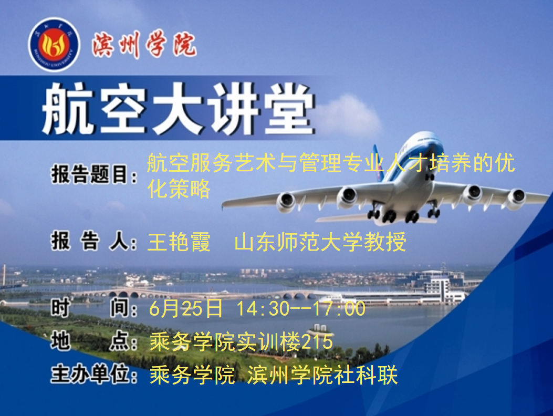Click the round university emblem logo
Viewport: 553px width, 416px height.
point(54,45)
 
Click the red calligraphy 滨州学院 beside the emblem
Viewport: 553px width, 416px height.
point(144,45)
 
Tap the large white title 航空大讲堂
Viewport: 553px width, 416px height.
point(178,109)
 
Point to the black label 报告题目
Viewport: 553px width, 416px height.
point(94,174)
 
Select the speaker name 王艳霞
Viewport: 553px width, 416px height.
point(179,242)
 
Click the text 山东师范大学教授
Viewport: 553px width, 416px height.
point(320,242)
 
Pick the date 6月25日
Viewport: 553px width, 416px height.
point(186,308)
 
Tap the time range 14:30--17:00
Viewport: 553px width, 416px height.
point(301,308)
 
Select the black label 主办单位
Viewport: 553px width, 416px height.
point(94,375)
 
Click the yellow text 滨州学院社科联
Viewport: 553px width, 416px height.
point(322,375)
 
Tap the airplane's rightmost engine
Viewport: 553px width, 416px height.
point(516,198)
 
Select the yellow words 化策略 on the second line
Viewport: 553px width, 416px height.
point(179,189)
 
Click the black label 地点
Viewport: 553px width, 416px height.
point(94,341)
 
